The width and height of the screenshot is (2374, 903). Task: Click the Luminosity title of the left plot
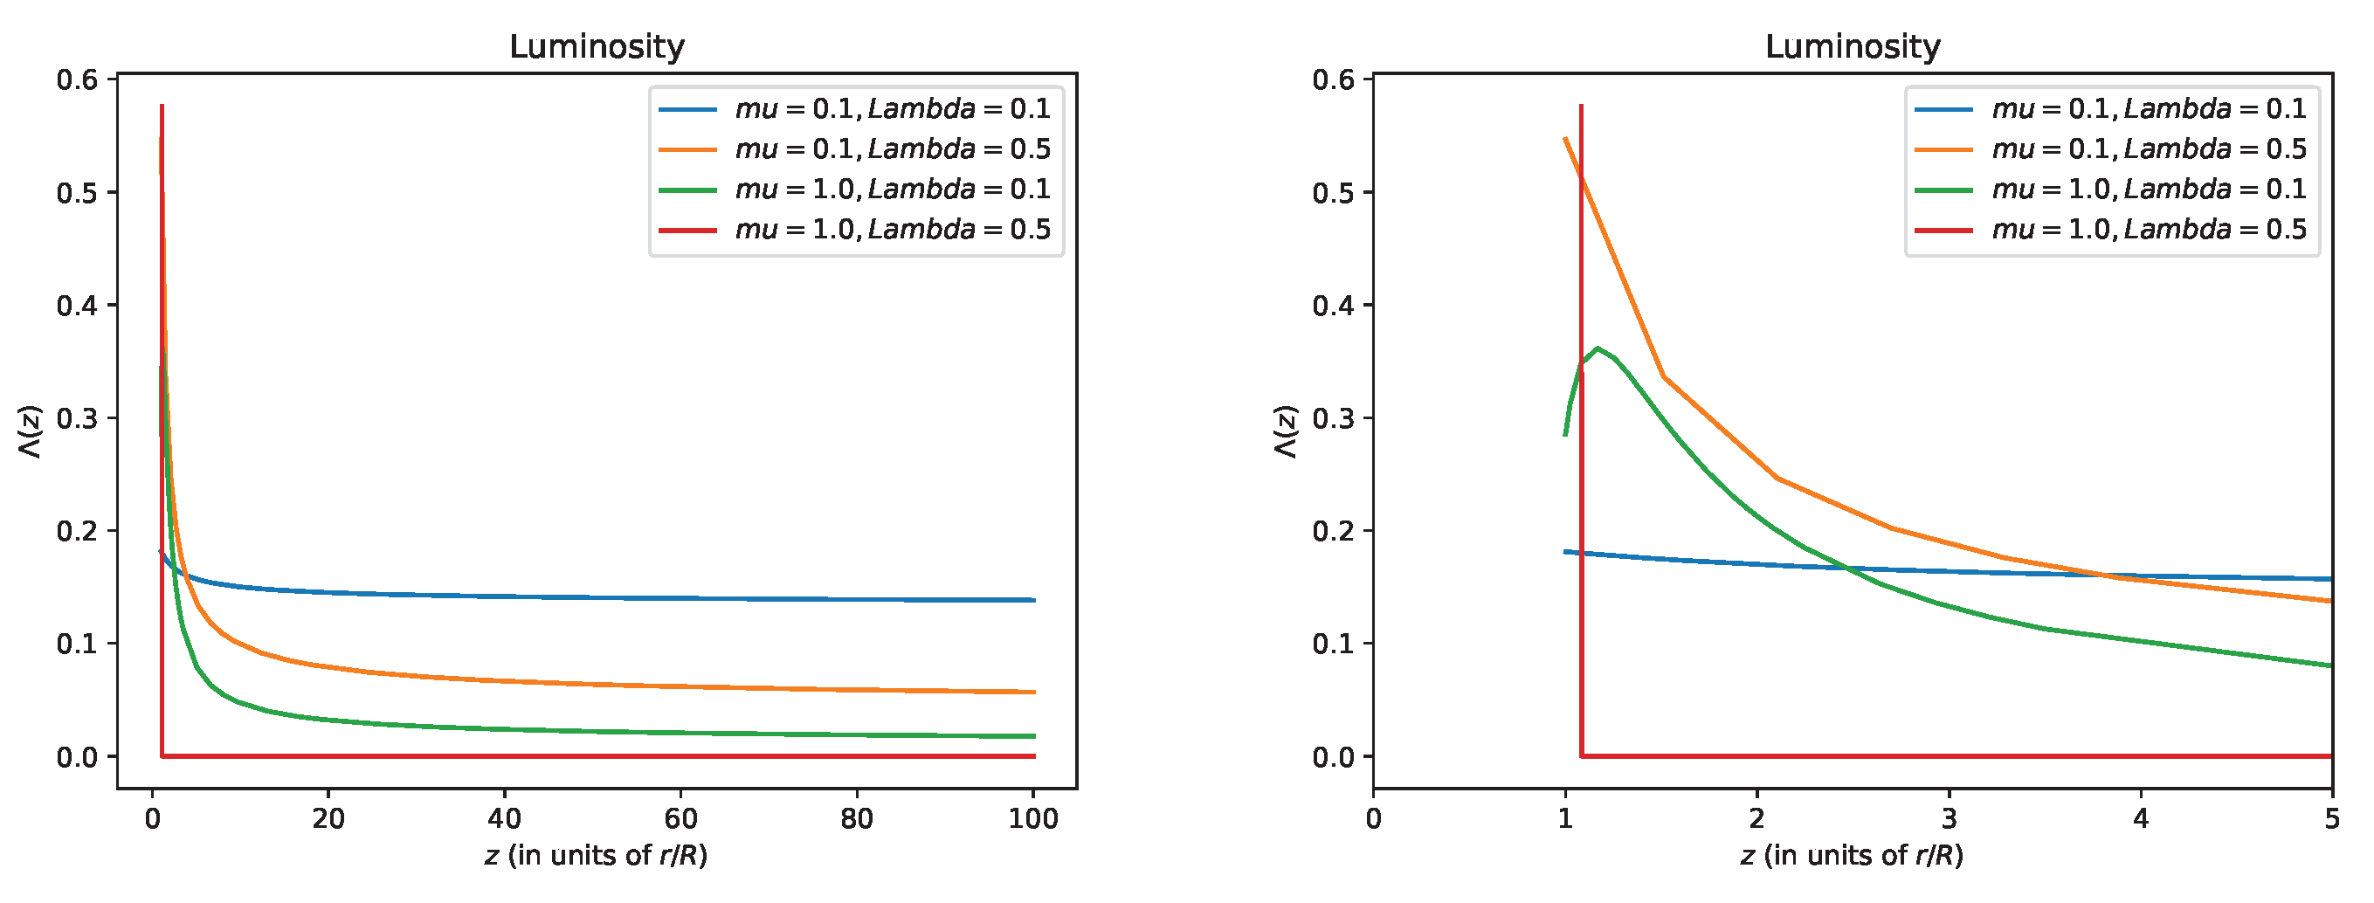click(x=597, y=46)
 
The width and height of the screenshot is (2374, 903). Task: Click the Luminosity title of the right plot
click(x=1853, y=46)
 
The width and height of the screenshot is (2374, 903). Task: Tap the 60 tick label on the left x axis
click(x=681, y=818)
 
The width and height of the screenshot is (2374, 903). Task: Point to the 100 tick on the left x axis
click(x=1033, y=818)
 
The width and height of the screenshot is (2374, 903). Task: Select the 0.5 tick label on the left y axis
click(x=77, y=193)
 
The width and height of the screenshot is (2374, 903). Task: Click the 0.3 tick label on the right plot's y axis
click(x=1333, y=418)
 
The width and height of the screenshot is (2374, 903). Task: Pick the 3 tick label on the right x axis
click(x=1950, y=818)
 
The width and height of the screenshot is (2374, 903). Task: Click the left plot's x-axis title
click(x=597, y=856)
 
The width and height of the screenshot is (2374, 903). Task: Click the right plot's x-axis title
click(x=1853, y=856)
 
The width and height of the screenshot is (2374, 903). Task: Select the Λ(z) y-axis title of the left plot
click(x=31, y=431)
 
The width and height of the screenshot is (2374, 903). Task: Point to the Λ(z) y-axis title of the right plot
click(x=1287, y=431)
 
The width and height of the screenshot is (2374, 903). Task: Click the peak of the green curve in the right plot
click(x=1598, y=348)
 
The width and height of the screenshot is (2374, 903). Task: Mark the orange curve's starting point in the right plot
click(x=1565, y=139)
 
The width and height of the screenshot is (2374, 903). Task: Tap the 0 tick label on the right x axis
click(x=1373, y=818)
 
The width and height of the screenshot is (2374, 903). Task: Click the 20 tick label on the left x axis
click(x=328, y=818)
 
